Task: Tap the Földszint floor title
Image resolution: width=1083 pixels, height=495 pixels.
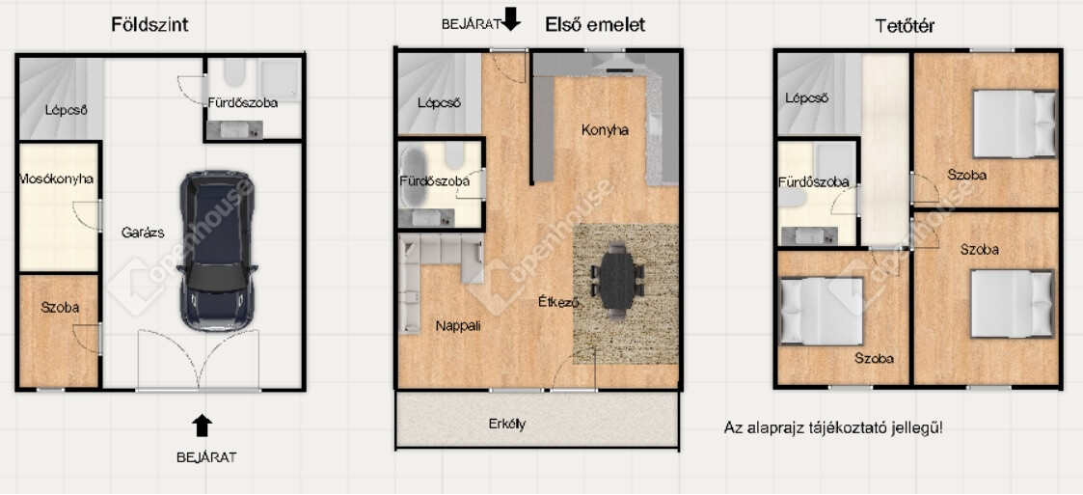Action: [x=149, y=25]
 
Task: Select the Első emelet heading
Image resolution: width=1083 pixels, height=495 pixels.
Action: [x=595, y=25]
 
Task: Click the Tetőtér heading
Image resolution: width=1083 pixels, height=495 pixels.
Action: [x=905, y=26]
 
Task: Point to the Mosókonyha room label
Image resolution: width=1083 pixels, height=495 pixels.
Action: [x=57, y=179]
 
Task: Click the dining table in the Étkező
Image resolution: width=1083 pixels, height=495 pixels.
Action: [x=616, y=282]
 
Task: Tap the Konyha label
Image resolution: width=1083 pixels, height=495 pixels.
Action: [x=605, y=129]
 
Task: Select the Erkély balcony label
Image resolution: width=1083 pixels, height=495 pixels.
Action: [x=507, y=423]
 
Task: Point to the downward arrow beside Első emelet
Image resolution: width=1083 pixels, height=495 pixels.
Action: [x=511, y=18]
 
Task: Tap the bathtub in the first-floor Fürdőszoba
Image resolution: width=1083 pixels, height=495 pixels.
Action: [x=414, y=176]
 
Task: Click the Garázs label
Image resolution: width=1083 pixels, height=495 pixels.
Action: [x=143, y=233]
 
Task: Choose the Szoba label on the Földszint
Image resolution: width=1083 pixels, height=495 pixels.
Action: [x=60, y=308]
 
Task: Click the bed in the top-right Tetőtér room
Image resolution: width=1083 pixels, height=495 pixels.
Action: [x=1015, y=124]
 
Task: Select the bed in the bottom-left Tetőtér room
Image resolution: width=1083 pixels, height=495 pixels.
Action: [x=822, y=311]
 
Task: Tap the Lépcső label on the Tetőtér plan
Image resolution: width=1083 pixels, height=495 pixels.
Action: [x=807, y=98]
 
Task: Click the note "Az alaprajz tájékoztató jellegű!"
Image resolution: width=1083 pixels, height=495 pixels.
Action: [x=833, y=427]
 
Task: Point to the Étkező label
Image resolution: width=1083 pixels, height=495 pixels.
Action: [x=558, y=301]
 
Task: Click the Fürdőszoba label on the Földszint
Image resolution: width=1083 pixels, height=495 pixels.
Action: [x=243, y=103]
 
